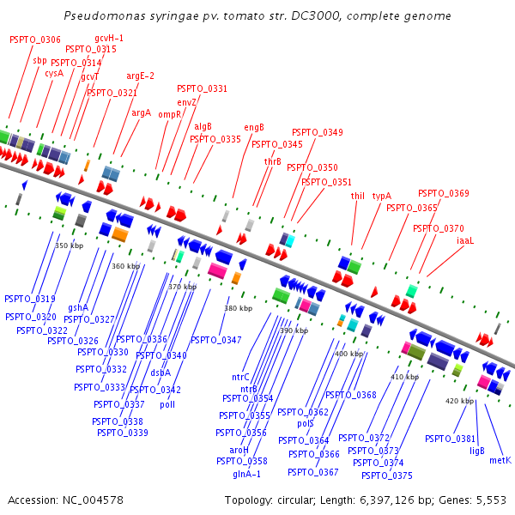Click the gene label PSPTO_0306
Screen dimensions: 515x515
tap(35, 39)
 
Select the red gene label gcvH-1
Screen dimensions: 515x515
tap(109, 38)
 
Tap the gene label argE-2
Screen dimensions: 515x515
tap(140, 76)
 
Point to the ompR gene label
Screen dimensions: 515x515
tap(169, 114)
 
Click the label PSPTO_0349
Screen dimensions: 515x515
tap(317, 132)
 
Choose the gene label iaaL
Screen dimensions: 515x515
tap(465, 241)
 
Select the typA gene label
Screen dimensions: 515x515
tap(381, 196)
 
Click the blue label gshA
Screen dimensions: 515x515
tap(78, 307)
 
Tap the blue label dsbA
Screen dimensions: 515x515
tap(161, 373)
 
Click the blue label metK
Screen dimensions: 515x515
tap(500, 460)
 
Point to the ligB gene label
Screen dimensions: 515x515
tap(477, 450)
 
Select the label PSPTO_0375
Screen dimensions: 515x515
tap(386, 476)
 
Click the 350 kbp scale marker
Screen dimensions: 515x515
tap(70, 245)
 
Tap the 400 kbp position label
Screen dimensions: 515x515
tap(348, 354)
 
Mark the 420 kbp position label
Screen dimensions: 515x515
tap(459, 401)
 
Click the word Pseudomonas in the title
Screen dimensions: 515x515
tap(100, 16)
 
